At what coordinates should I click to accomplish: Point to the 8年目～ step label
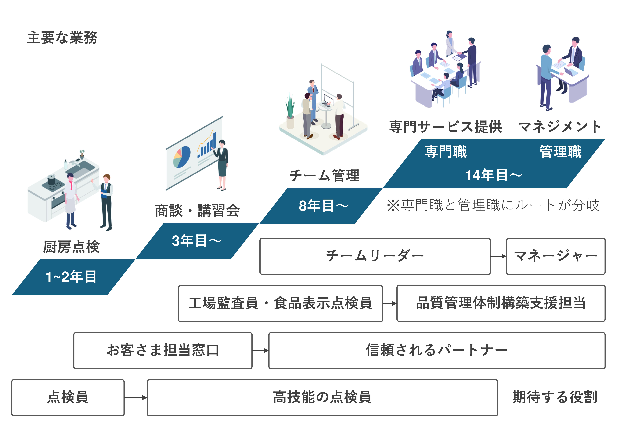point(323,206)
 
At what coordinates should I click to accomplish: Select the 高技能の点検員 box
point(322,398)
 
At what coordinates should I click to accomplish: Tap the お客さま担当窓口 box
point(163,351)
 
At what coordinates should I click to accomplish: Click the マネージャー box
point(555,256)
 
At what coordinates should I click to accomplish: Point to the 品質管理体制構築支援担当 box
point(501,303)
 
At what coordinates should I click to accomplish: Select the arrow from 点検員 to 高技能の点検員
point(135,398)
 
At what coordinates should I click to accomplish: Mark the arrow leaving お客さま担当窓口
point(260,351)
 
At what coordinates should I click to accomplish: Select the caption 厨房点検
point(71,247)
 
